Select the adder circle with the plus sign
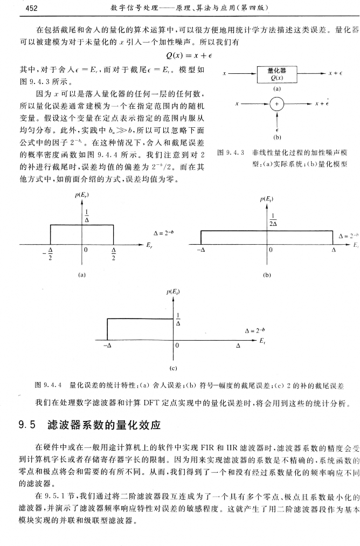pos(277,104)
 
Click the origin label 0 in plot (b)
pos(272,250)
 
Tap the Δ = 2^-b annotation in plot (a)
pos(164,233)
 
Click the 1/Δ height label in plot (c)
pos(179,319)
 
